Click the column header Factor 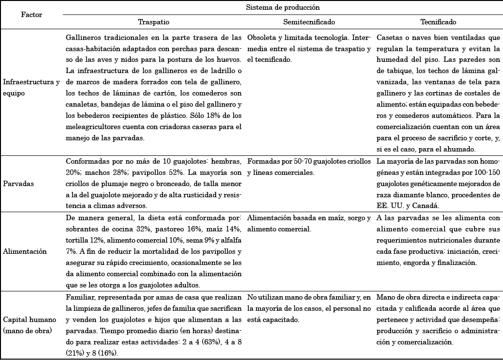coord(32,15)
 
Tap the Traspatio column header coord(154,22)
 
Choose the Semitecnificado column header coord(309,22)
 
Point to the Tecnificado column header coord(438,22)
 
